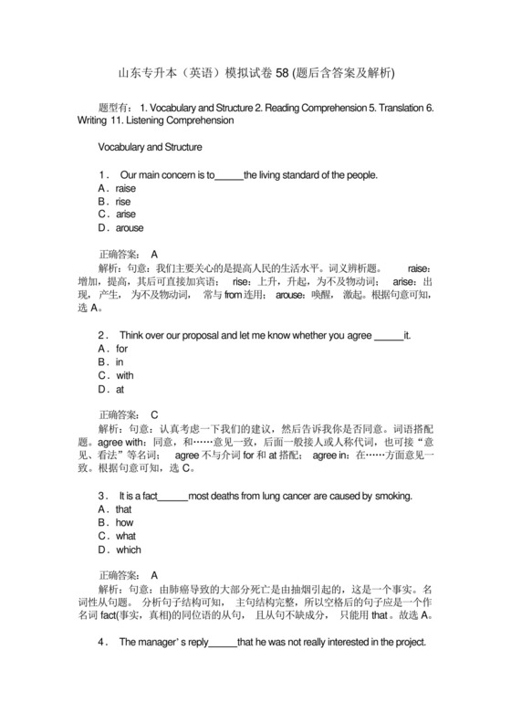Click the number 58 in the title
[x=287, y=72]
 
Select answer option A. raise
[x=117, y=188]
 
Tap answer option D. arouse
[x=120, y=227]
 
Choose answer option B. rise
[x=114, y=201]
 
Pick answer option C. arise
[x=117, y=215]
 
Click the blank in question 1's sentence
[x=228, y=174]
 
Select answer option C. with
[x=116, y=375]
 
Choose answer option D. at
[x=112, y=389]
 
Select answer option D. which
[x=120, y=550]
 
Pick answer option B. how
[x=116, y=523]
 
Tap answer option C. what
[x=117, y=537]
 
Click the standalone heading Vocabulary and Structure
[x=150, y=146]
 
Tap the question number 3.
[x=101, y=496]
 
